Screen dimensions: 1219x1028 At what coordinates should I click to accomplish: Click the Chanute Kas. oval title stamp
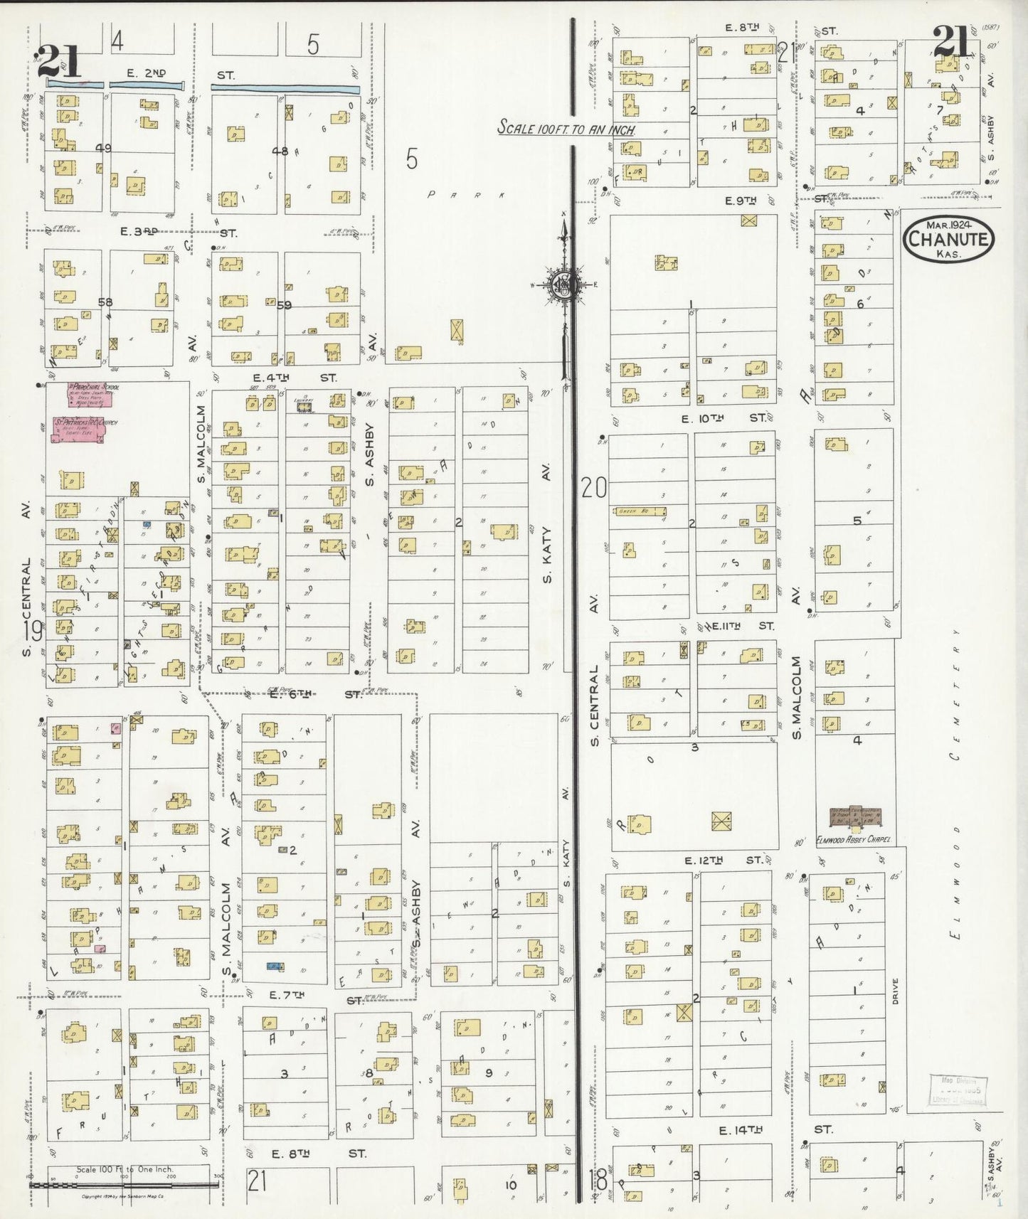(948, 238)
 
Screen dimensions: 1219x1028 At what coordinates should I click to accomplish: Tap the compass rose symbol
(564, 284)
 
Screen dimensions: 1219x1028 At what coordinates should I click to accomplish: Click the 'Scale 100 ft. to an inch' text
(566, 128)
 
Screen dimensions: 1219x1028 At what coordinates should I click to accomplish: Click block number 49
(104, 148)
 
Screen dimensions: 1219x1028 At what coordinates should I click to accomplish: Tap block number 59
(285, 305)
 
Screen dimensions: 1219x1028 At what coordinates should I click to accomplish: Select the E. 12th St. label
(724, 860)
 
